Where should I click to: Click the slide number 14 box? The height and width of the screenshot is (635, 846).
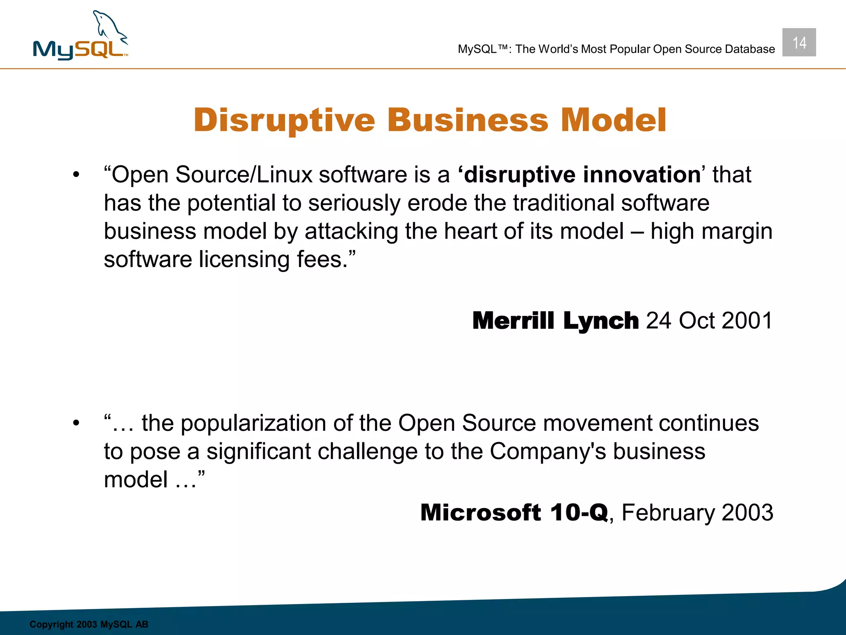(x=799, y=42)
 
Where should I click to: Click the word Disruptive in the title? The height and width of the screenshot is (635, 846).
(x=284, y=120)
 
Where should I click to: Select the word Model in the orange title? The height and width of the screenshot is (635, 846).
(x=613, y=120)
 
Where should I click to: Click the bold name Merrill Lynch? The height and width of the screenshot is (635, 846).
(x=555, y=321)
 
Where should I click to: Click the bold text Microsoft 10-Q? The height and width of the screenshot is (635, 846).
(x=514, y=513)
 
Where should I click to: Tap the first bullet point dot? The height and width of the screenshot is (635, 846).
(x=76, y=175)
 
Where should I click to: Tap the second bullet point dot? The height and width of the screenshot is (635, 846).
(x=76, y=424)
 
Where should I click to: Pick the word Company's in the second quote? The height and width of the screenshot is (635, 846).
(x=548, y=451)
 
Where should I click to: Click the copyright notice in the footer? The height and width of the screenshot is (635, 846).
(x=89, y=624)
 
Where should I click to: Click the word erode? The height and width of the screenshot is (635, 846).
(x=437, y=203)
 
